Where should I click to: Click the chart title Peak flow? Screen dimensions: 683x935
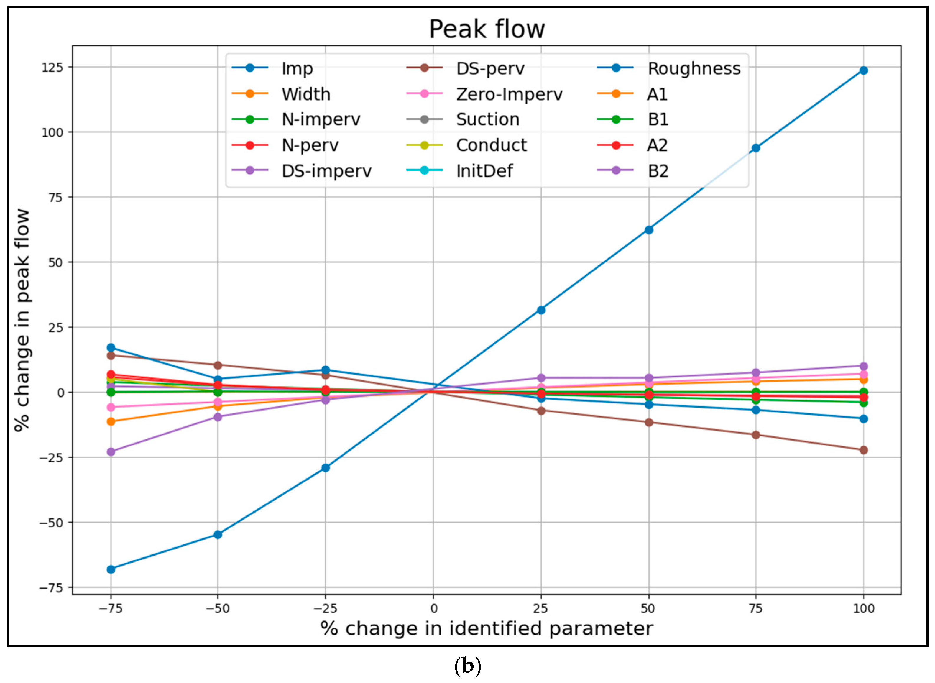point(487,29)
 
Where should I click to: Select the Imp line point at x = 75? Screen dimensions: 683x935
point(756,148)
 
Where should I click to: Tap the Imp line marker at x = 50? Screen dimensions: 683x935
point(649,230)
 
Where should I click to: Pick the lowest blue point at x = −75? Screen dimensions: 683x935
point(111,569)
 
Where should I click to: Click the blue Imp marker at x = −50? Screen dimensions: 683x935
point(218,535)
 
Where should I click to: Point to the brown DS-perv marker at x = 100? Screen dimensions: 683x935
point(863,450)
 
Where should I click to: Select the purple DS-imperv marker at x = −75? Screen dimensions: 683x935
point(111,451)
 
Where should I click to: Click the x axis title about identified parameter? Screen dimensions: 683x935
point(487,629)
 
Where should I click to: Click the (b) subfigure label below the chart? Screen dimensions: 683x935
point(468,666)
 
